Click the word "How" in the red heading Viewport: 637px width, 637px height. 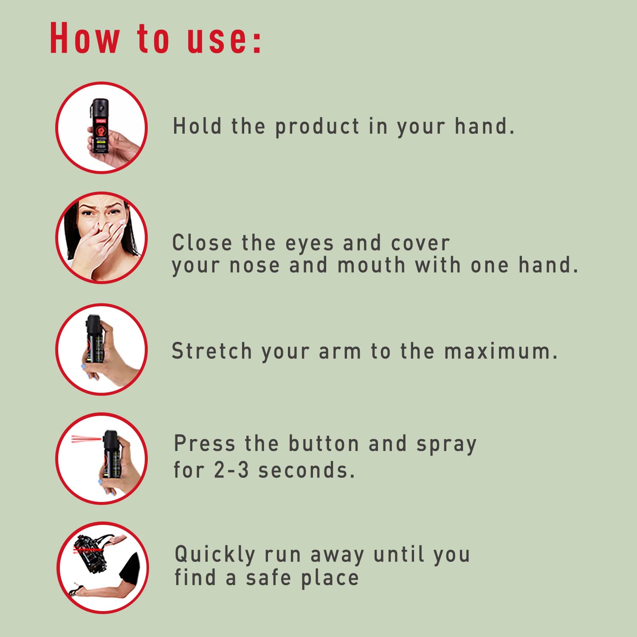coord(85,38)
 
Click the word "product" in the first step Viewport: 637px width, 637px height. coord(318,127)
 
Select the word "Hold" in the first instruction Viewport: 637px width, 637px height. coord(197,126)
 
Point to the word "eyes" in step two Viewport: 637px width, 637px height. coord(310,244)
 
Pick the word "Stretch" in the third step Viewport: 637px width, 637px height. coord(212,351)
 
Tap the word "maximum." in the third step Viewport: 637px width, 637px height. coord(501,351)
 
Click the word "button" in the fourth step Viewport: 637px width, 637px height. coord(324,444)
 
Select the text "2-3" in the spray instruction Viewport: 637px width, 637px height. coord(231,470)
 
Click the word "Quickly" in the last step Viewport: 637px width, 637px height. coord(215,555)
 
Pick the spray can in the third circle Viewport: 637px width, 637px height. coord(95,339)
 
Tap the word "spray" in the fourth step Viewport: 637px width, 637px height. coord(446,445)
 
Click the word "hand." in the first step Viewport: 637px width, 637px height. coord(485,126)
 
